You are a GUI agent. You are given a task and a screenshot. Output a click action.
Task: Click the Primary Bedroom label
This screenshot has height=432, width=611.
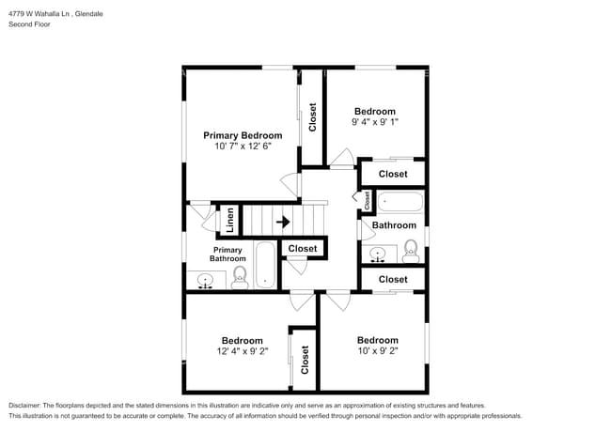pos(243,136)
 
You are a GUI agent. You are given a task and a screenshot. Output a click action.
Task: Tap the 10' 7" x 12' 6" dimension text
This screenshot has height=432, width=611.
pos(243,147)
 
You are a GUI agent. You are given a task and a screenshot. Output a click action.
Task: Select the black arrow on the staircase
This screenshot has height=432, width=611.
pos(283,223)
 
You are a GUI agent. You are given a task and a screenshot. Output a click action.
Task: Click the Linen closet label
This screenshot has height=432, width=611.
pos(230,221)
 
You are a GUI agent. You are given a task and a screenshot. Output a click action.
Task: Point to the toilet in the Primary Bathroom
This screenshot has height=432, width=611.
pos(240,277)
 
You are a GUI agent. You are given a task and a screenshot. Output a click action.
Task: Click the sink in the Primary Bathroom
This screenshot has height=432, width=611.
pos(205,281)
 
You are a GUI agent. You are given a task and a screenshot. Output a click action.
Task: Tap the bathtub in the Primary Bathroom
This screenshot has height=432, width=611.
pos(265,265)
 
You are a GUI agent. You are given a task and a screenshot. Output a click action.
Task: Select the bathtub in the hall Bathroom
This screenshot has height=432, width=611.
pos(400,202)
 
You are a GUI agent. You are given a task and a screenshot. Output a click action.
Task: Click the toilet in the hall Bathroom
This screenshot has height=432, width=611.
pos(411,251)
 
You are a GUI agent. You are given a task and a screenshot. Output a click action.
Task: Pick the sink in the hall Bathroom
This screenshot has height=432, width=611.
pos(377,254)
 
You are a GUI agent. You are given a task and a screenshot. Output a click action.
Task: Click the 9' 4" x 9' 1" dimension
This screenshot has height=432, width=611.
pos(375,122)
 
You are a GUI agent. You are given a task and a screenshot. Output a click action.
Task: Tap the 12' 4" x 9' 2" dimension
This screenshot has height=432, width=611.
pos(243,351)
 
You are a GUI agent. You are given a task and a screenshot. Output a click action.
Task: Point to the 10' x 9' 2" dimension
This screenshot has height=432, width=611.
pos(378,351)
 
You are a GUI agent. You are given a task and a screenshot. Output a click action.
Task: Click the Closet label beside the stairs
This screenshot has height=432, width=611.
pos(303,249)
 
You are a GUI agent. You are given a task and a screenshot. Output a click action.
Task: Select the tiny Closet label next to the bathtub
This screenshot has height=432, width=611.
pos(367,200)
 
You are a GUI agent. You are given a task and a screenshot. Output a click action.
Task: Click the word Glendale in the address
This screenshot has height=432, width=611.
pos(89,14)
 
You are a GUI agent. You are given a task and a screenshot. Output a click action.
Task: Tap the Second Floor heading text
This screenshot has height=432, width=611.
pos(30,24)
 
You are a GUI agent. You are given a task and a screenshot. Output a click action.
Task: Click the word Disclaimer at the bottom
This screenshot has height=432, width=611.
pos(24,406)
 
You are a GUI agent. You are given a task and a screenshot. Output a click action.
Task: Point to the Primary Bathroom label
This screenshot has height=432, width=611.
pos(227,255)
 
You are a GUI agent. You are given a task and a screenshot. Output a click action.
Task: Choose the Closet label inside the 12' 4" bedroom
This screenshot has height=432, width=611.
pos(305,360)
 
